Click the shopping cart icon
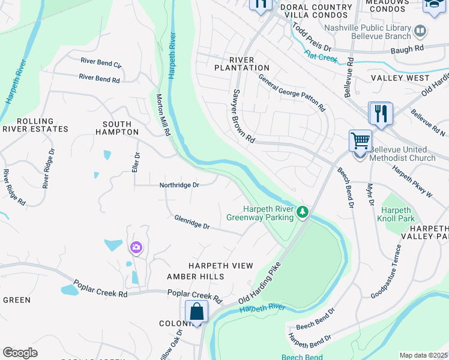click(360, 141)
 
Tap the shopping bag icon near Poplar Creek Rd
click(196, 311)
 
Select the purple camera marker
click(136, 247)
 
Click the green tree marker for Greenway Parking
click(304, 212)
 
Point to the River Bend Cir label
click(101, 63)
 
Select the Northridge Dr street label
click(179, 185)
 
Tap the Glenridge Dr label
click(191, 222)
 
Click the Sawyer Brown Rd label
click(242, 116)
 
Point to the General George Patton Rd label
click(292, 93)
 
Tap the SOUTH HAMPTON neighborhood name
click(116, 127)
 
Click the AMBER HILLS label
click(195, 277)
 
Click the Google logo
click(20, 352)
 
